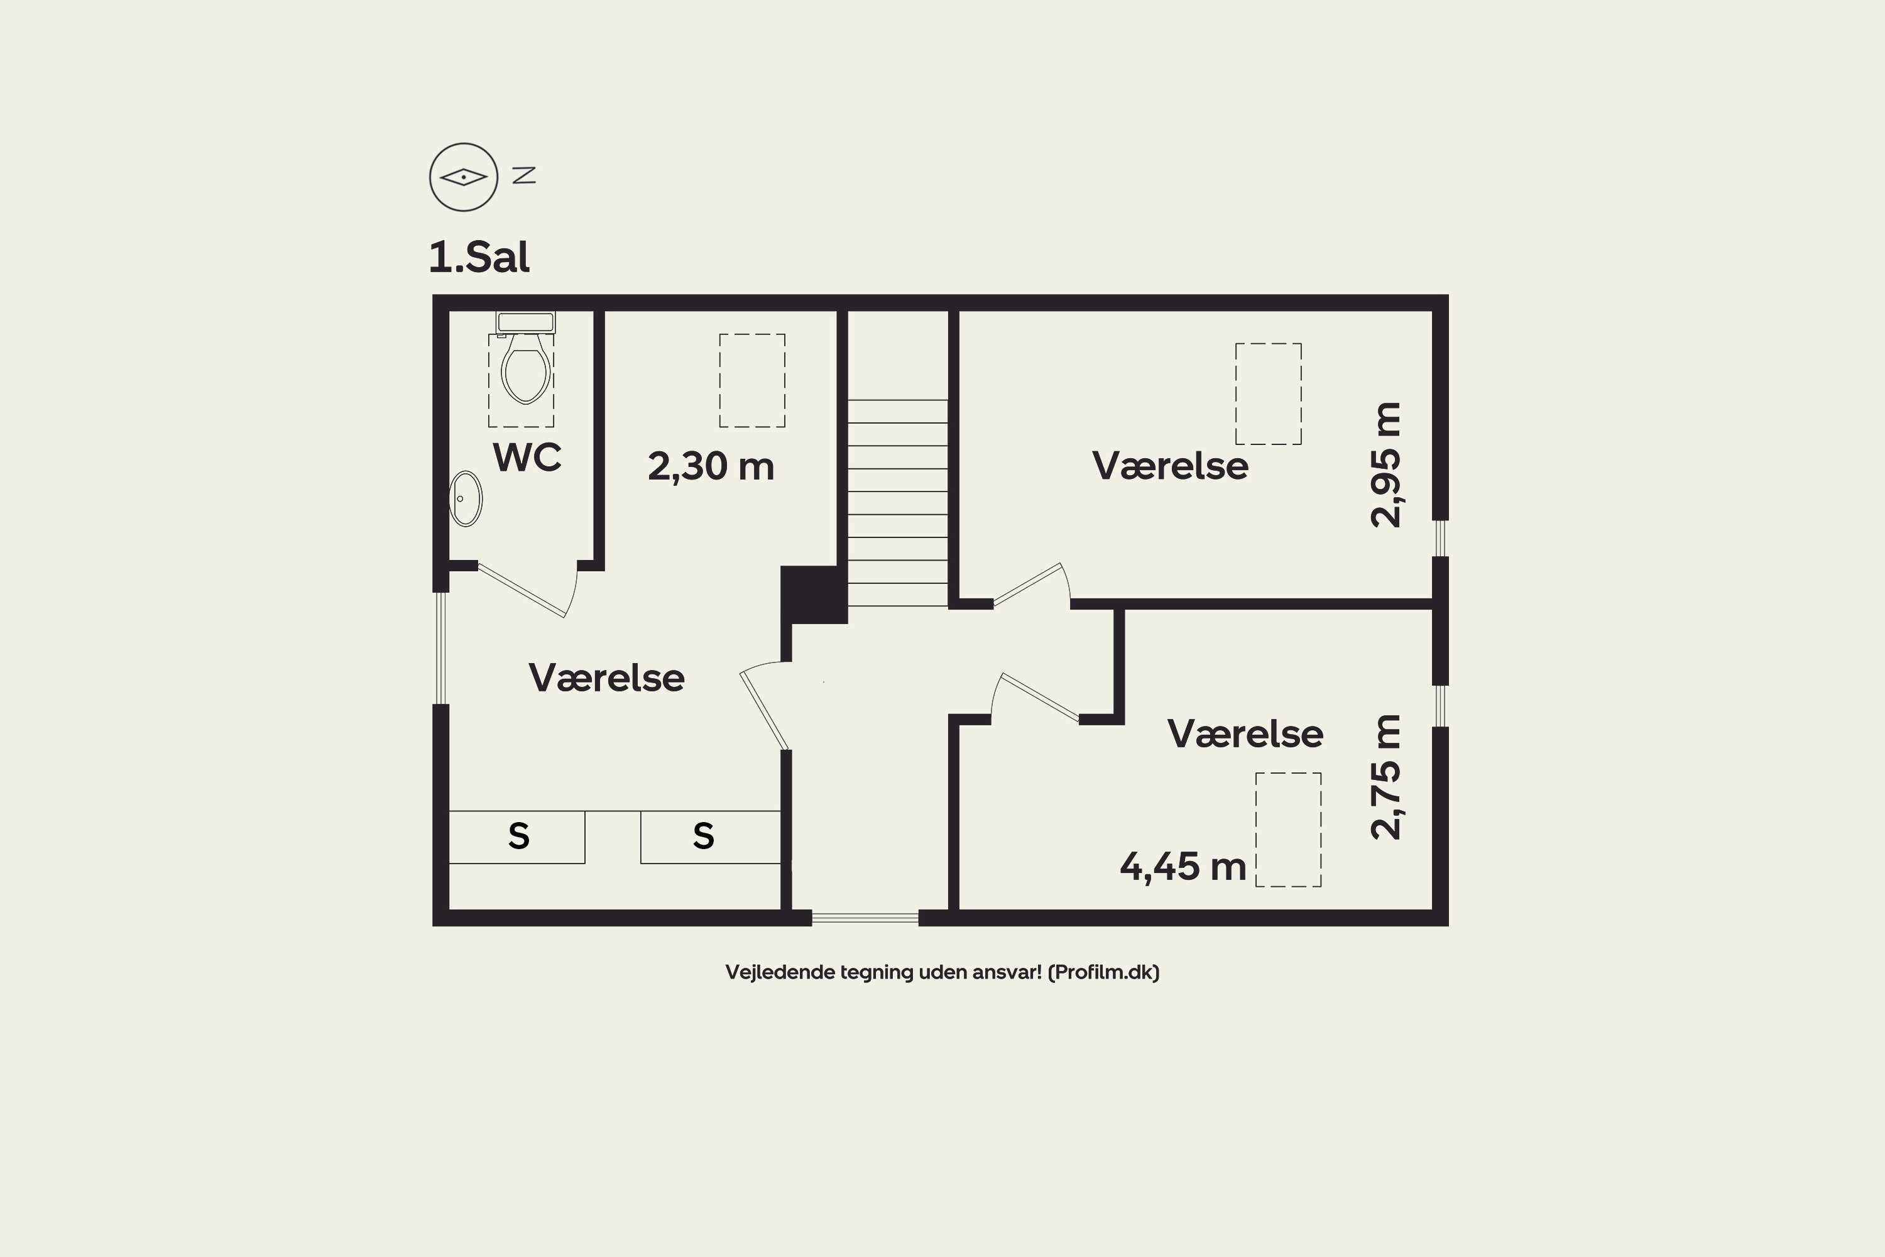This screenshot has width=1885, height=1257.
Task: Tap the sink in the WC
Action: [x=466, y=498]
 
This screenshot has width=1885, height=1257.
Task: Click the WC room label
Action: [x=527, y=457]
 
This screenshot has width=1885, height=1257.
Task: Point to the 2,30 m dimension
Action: [x=711, y=466]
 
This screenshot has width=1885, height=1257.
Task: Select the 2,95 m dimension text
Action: [x=1385, y=465]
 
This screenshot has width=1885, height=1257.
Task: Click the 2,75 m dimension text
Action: [x=1385, y=777]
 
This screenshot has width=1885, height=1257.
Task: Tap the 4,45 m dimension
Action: [x=1183, y=867]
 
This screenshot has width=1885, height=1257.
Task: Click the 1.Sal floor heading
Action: [x=479, y=257]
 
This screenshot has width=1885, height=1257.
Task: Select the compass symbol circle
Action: [x=464, y=177]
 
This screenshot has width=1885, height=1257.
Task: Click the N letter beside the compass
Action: [x=524, y=175]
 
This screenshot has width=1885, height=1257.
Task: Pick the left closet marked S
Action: [x=517, y=837]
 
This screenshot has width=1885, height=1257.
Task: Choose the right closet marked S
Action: [x=711, y=837]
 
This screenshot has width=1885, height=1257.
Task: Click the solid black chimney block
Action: [x=814, y=595]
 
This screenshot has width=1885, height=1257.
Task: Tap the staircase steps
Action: [x=898, y=503]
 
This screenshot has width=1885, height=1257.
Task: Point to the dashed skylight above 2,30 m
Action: [x=751, y=380]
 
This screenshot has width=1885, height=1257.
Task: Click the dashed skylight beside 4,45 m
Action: [x=1288, y=830]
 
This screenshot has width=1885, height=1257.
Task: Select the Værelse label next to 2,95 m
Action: [x=1170, y=466]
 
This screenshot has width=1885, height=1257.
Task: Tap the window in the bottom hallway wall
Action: [x=865, y=918]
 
